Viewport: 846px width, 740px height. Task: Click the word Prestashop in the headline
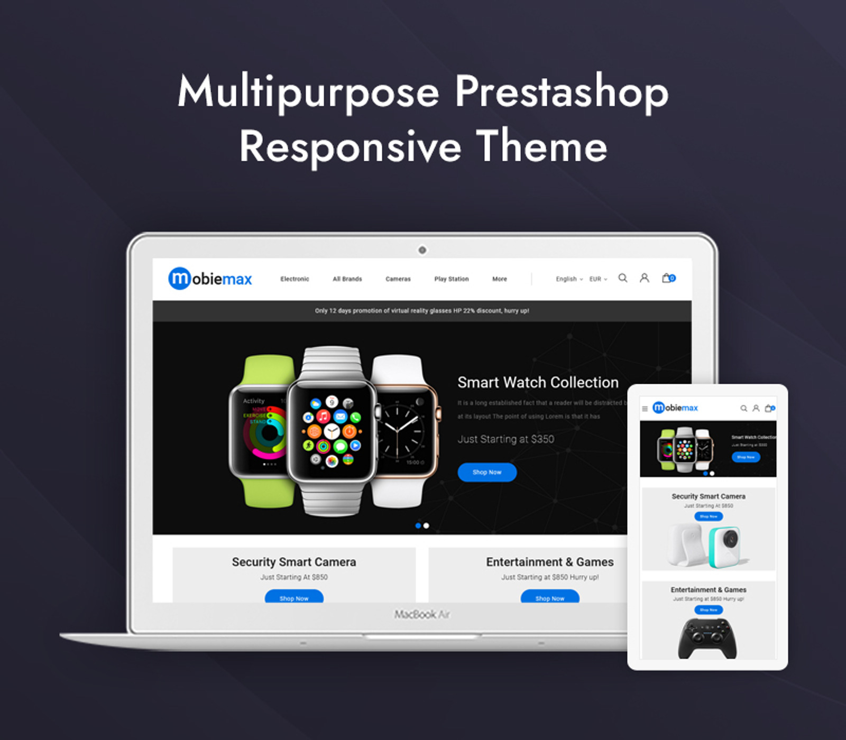pyautogui.click(x=562, y=92)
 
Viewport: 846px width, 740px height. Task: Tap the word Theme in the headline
pyautogui.click(x=541, y=146)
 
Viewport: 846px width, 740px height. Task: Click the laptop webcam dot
pyautogui.click(x=422, y=250)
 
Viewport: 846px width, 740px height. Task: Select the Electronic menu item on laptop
pyautogui.click(x=295, y=279)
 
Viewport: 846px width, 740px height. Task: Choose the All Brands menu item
pyautogui.click(x=347, y=279)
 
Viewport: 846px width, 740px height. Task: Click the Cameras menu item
pyautogui.click(x=398, y=279)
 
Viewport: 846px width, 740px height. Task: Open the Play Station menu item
pyautogui.click(x=452, y=279)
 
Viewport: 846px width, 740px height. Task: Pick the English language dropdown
pyautogui.click(x=568, y=279)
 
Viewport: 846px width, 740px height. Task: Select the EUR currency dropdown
pyautogui.click(x=598, y=279)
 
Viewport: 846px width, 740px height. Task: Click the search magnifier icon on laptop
pyautogui.click(x=623, y=278)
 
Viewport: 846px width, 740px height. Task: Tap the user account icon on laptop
pyautogui.click(x=644, y=278)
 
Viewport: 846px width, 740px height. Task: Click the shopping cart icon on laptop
pyautogui.click(x=668, y=278)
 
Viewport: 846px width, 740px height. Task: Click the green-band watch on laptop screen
pyautogui.click(x=262, y=431)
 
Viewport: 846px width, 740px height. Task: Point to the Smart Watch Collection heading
pyautogui.click(x=538, y=382)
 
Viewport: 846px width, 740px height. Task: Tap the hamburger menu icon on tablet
pyautogui.click(x=645, y=409)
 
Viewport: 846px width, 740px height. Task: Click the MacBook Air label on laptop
pyautogui.click(x=422, y=614)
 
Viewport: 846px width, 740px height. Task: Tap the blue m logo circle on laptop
pyautogui.click(x=179, y=279)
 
